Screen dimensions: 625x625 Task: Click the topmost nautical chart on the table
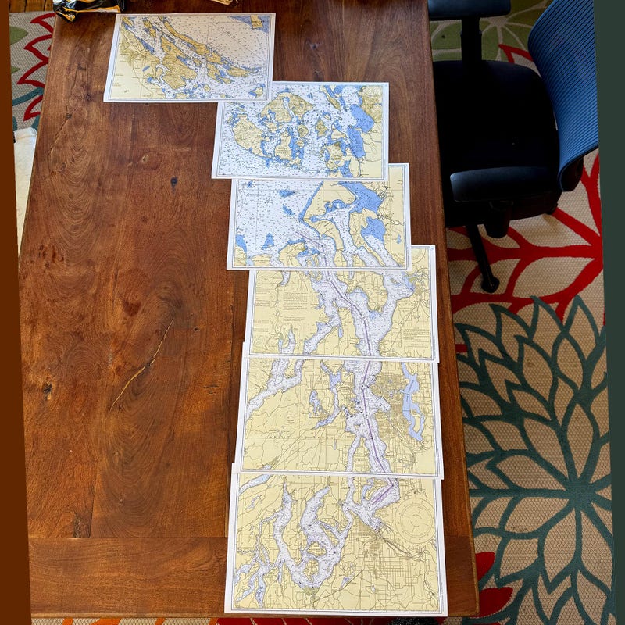(x=189, y=56)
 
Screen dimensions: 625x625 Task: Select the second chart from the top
(x=301, y=130)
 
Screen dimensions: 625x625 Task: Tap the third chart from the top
(x=319, y=216)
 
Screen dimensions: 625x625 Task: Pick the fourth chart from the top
(x=341, y=303)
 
